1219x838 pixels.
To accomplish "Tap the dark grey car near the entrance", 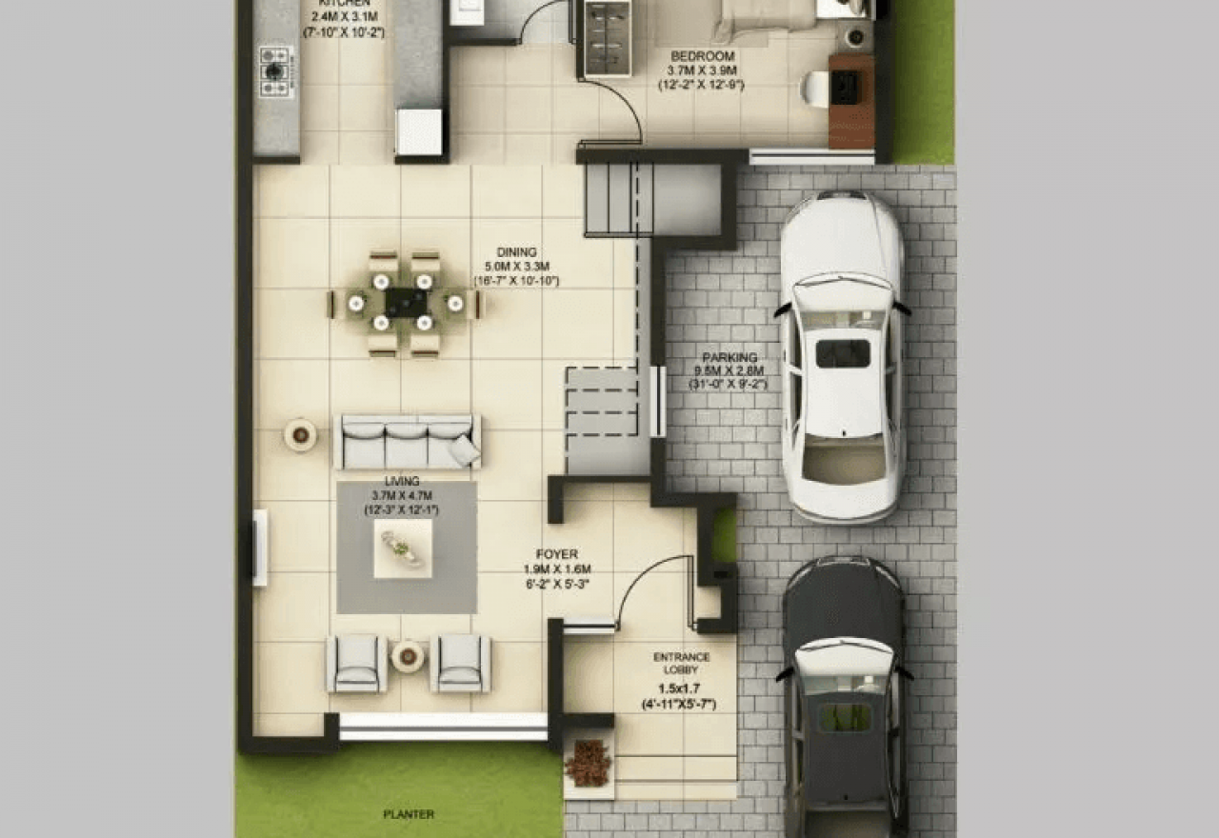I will coord(843,695).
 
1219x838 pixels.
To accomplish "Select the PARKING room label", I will coord(729,358).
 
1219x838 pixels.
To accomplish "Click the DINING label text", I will coord(516,252).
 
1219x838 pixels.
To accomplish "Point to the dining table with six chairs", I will coord(405,303).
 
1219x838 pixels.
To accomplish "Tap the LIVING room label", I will coord(401,482).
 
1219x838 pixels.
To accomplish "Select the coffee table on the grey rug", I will coord(402,549).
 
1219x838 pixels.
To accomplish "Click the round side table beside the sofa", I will coord(300,435).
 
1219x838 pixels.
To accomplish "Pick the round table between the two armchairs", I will coord(408,655).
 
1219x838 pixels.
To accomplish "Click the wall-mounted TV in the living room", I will coord(259,548).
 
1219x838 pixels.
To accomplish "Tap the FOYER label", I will coord(556,554).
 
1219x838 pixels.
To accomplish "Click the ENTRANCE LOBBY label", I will coord(681,663).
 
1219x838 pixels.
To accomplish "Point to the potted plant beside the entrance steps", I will coord(588,763).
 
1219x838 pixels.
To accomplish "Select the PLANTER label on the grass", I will coord(408,814).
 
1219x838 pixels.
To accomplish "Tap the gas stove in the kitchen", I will coord(274,70).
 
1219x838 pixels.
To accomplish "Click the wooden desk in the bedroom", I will coord(850,100).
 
